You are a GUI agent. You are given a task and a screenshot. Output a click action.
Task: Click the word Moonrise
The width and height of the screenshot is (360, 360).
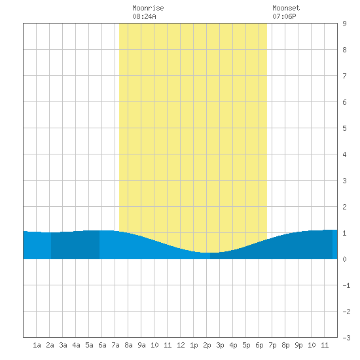click(148, 8)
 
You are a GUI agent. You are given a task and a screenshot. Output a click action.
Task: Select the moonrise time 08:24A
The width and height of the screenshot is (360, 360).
click(144, 16)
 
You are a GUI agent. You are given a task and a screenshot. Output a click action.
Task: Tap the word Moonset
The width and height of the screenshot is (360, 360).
click(286, 8)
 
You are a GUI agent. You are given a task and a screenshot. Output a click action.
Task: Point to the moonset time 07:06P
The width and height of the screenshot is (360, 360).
click(284, 16)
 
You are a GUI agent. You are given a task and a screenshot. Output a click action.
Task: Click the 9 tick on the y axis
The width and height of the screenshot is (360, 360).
click(344, 24)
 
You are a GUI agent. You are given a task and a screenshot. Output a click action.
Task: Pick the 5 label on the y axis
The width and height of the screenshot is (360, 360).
click(344, 128)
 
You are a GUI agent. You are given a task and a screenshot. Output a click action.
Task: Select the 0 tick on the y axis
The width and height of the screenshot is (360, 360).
click(344, 259)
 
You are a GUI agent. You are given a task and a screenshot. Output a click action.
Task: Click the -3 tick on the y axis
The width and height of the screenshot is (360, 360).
click(346, 338)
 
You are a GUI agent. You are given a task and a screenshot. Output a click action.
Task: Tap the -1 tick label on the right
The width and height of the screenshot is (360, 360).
click(346, 285)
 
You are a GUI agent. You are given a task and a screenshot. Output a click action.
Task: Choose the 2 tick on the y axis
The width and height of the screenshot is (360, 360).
click(344, 207)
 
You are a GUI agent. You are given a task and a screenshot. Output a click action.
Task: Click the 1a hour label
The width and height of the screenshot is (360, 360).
click(37, 345)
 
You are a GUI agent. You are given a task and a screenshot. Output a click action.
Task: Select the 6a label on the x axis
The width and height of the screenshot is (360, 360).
click(102, 345)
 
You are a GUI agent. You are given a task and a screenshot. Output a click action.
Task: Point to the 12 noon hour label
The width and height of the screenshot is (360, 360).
click(181, 345)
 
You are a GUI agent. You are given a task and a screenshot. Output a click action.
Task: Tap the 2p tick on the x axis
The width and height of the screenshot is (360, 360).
click(207, 345)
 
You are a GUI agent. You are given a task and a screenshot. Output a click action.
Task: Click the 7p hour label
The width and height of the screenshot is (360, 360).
click(272, 345)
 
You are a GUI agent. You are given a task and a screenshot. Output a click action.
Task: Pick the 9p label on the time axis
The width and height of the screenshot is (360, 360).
click(298, 345)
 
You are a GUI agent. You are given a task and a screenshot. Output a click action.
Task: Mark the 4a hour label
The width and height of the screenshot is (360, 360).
click(76, 345)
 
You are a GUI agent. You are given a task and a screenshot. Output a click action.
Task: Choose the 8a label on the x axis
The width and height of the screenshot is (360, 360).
click(128, 345)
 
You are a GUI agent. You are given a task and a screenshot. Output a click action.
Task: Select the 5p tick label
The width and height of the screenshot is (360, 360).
click(246, 345)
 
